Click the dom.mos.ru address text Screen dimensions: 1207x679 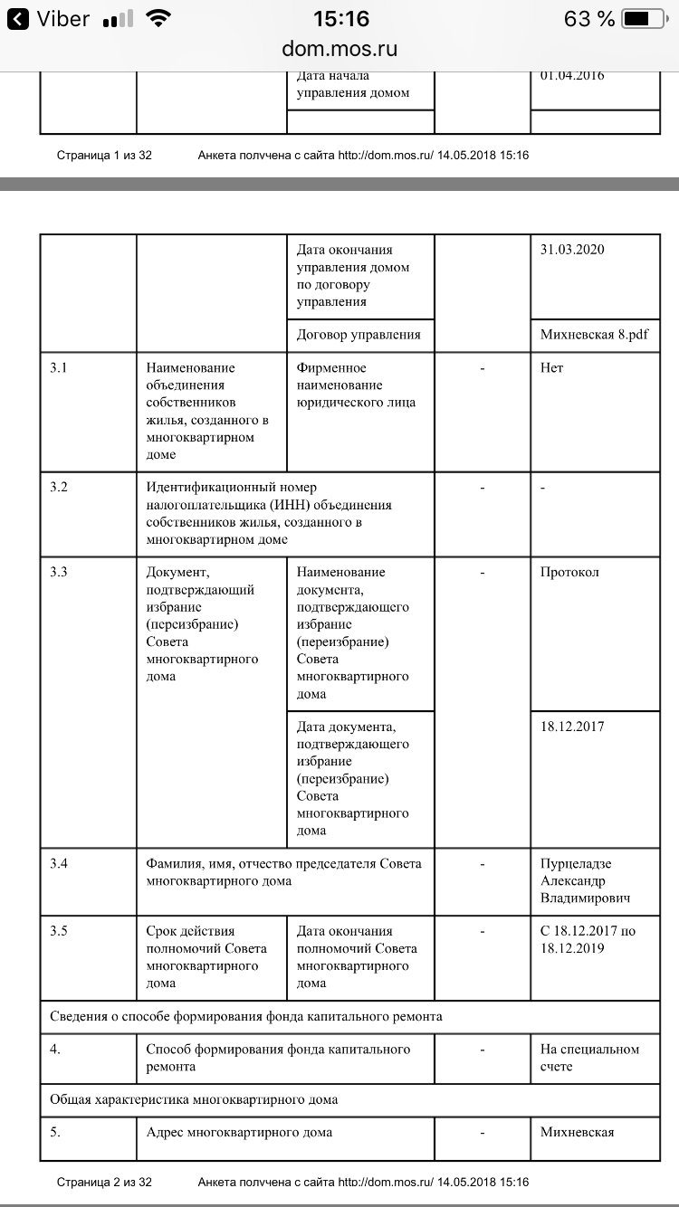pyautogui.click(x=339, y=49)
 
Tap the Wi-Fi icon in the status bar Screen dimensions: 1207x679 pyautogui.click(x=159, y=18)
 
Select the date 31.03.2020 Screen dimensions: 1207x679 pyautogui.click(x=572, y=250)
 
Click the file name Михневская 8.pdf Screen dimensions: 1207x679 pyautogui.click(x=595, y=335)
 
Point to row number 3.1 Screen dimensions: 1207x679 pyautogui.click(x=59, y=368)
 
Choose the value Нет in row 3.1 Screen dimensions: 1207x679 pyautogui.click(x=551, y=368)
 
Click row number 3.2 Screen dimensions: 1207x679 pyautogui.click(x=59, y=488)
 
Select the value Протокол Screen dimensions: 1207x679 pyautogui.click(x=569, y=573)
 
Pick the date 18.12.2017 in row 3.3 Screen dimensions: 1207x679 pyautogui.click(x=572, y=727)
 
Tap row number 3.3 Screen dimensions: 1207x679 pyautogui.click(x=59, y=573)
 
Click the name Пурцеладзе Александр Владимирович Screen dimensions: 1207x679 pyautogui.click(x=586, y=881)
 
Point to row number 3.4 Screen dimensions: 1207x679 pyautogui.click(x=59, y=864)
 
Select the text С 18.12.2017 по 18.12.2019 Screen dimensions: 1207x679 pyautogui.click(x=588, y=940)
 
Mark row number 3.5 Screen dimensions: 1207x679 pyautogui.click(x=59, y=931)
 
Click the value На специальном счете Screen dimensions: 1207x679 pyautogui.click(x=589, y=1058)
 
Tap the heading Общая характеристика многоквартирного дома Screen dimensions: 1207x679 pyautogui.click(x=194, y=1100)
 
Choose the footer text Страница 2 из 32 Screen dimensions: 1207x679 pyautogui.click(x=104, y=1182)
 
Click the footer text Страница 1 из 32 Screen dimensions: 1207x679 pyautogui.click(x=104, y=156)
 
